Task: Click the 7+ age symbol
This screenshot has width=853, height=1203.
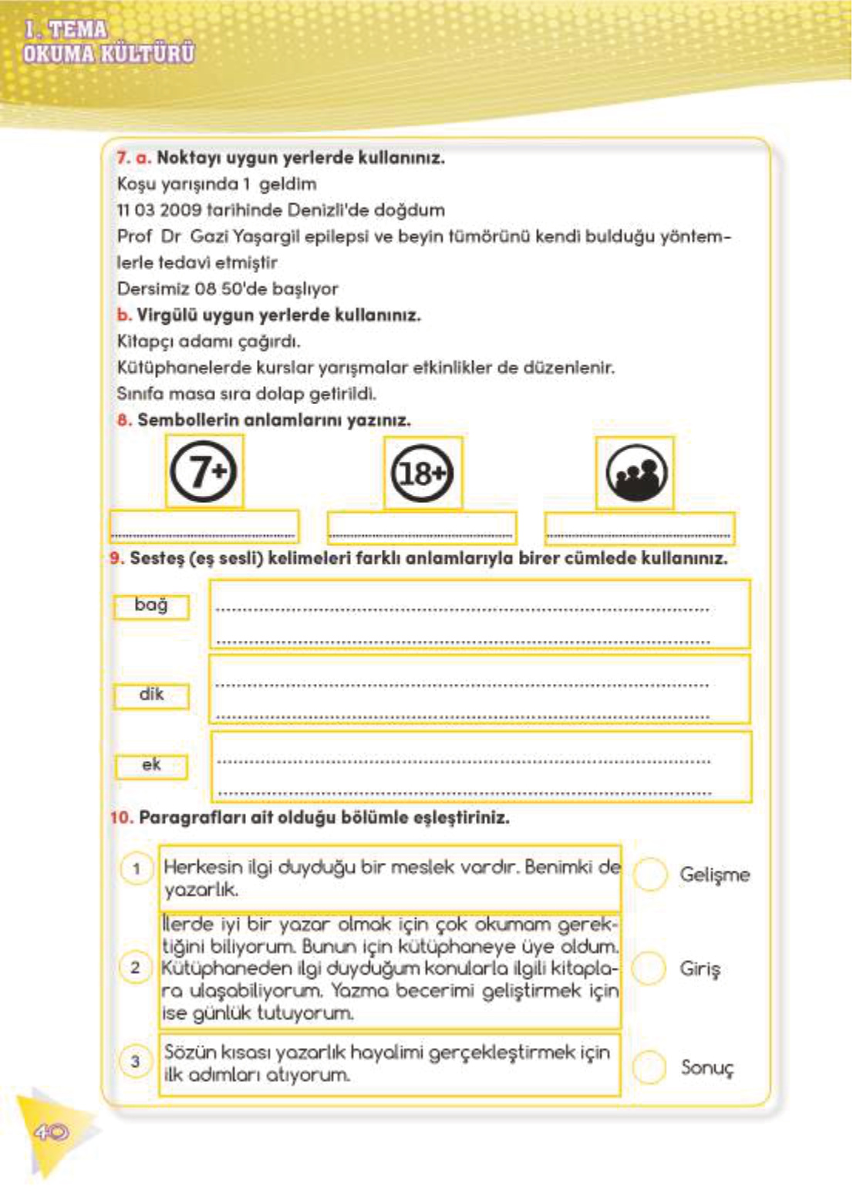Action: pos(203,471)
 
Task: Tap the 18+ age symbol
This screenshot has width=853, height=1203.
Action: pos(423,473)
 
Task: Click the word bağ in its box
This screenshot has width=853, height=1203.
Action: pos(150,605)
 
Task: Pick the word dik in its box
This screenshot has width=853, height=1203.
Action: pos(151,695)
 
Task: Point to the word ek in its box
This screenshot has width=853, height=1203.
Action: pos(151,765)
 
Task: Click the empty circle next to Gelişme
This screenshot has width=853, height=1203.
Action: pos(649,874)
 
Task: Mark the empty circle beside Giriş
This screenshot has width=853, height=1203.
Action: pos(649,969)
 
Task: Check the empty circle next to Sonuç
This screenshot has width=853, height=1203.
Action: pos(649,1067)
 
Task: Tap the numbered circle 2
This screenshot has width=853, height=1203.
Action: pos(136,967)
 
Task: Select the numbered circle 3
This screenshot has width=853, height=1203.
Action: pos(136,1062)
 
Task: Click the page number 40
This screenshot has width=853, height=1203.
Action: pos(50,1132)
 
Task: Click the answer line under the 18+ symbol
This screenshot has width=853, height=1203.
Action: pos(422,534)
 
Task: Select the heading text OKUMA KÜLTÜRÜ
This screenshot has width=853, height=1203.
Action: pos(109,54)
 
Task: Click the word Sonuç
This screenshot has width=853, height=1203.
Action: pos(707,1068)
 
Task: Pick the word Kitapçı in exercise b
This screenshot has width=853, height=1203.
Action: pos(144,341)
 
